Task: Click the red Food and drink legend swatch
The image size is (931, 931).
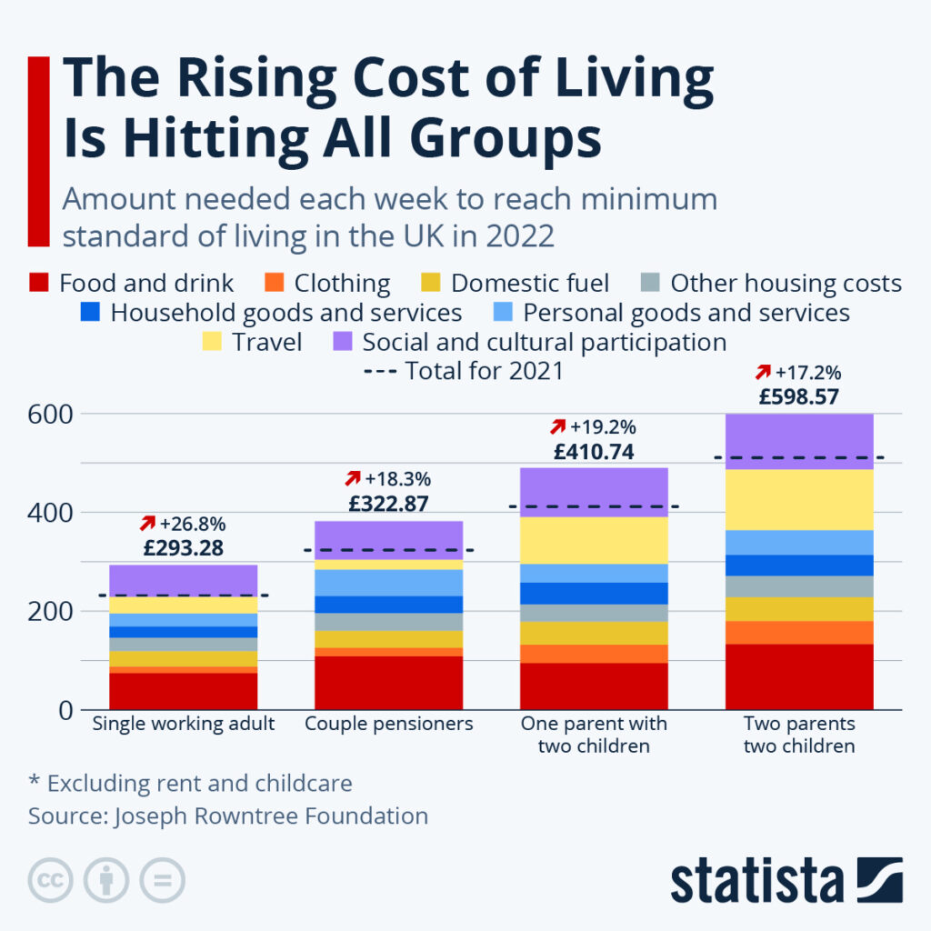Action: tap(38, 283)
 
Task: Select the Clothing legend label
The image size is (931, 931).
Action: tap(342, 284)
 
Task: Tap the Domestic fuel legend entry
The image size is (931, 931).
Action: tap(529, 284)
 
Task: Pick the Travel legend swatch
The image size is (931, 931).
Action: tap(213, 343)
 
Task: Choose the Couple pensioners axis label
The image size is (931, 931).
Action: tap(389, 725)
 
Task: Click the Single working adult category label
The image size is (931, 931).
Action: tap(184, 725)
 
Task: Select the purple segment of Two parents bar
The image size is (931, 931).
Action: tap(799, 441)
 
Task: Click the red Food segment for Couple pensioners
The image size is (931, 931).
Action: tap(388, 682)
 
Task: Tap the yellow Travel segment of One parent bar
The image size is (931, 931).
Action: tap(594, 540)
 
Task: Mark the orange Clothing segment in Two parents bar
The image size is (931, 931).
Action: tap(799, 632)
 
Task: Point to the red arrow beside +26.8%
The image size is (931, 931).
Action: tap(146, 524)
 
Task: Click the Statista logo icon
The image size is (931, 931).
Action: tap(878, 879)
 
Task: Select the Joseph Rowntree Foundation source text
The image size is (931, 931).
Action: tap(271, 816)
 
